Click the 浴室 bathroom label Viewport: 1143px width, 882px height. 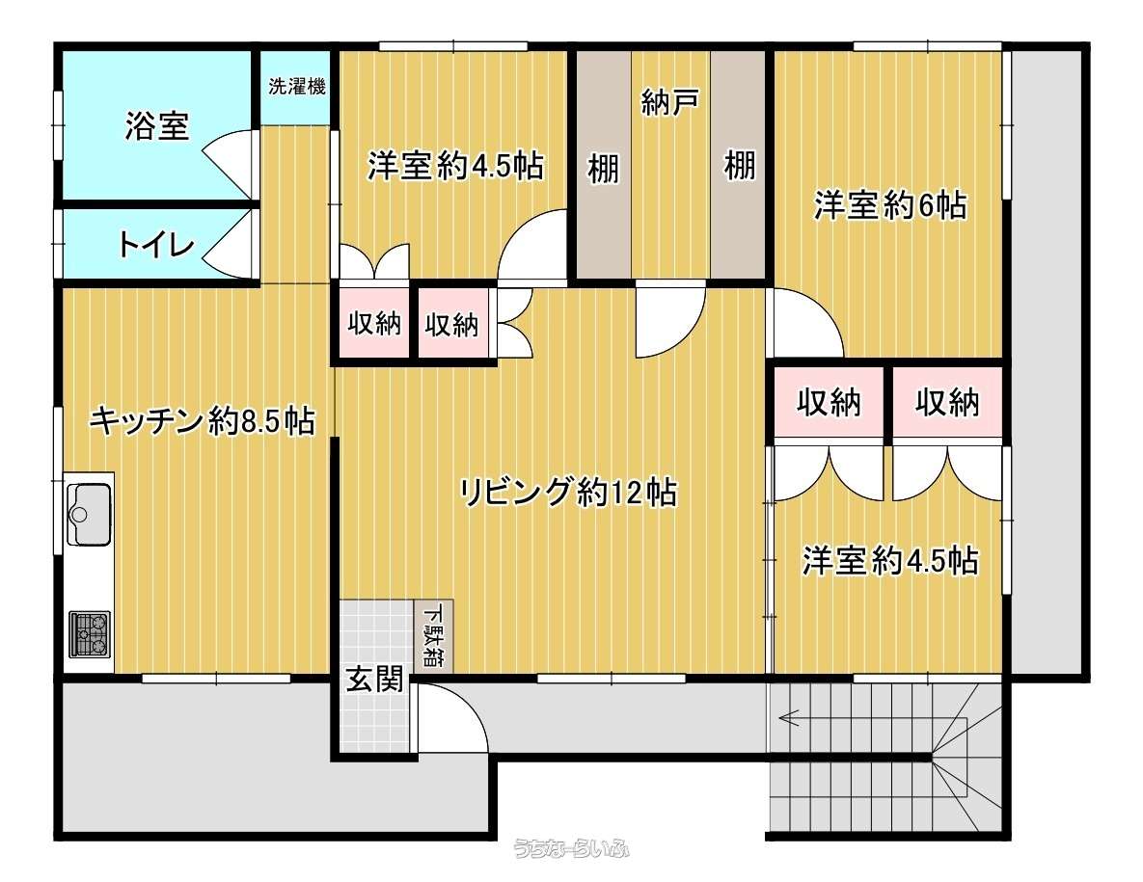pyautogui.click(x=156, y=126)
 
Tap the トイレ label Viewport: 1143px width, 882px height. pyautogui.click(x=156, y=245)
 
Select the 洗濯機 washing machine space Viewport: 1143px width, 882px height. pyautogui.click(x=296, y=87)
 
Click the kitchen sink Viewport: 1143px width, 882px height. pyautogui.click(x=89, y=514)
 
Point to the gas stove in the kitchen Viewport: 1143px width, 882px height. pyautogui.click(x=90, y=633)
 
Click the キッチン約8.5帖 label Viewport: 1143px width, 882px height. pyautogui.click(x=202, y=420)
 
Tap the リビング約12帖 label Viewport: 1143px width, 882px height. pyautogui.click(x=568, y=493)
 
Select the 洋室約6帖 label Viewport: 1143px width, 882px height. pyautogui.click(x=890, y=204)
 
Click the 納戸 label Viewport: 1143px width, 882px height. pyautogui.click(x=670, y=102)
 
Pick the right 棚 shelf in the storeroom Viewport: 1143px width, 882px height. pyautogui.click(x=739, y=165)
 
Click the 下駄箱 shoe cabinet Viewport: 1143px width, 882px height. pyautogui.click(x=434, y=636)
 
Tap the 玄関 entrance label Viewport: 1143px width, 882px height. pyautogui.click(x=374, y=680)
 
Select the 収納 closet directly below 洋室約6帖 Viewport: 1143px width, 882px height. pyautogui.click(x=829, y=402)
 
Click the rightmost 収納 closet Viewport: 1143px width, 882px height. pyautogui.click(x=947, y=402)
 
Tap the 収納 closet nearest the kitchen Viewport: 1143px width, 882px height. pyautogui.click(x=374, y=323)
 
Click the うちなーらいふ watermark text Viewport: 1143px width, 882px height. pyautogui.click(x=571, y=848)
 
